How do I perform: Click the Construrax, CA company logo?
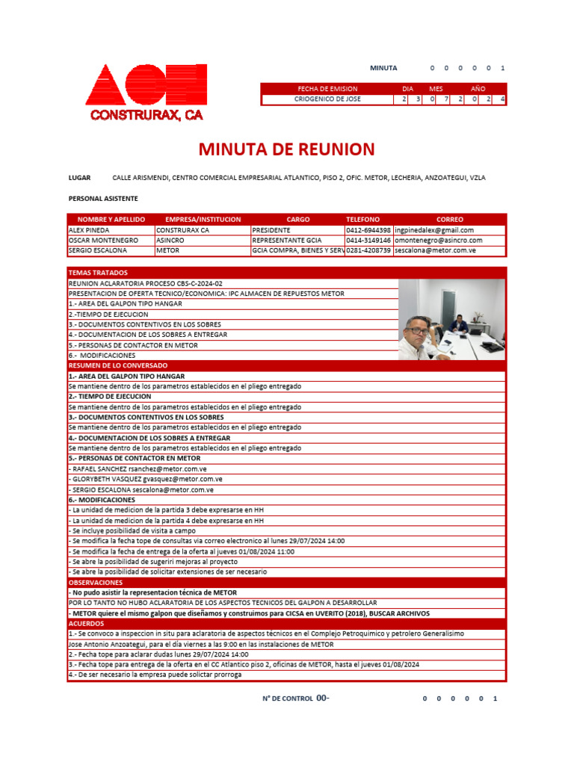coord(146,92)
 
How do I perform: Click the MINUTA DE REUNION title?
coord(286,149)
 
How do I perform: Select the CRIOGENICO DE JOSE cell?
coord(327,99)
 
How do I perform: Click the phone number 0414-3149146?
coord(368,241)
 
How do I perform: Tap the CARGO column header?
coord(297,220)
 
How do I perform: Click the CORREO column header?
coord(449,220)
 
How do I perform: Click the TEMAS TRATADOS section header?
coord(98,273)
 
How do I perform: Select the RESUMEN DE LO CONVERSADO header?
coord(118,365)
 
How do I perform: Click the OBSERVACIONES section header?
coord(96,581)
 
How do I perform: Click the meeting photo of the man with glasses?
coord(451,320)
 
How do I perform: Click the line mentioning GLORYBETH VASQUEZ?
coord(146,479)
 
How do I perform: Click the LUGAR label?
coord(79,178)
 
